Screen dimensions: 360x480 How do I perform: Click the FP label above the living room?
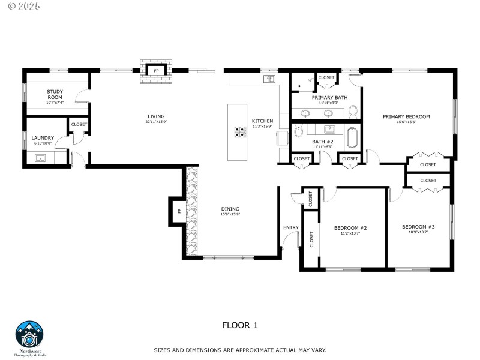[x=157, y=71]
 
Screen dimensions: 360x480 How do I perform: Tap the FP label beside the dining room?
[x=179, y=211]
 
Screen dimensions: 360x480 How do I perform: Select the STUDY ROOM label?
[x=55, y=94]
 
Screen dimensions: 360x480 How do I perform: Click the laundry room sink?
[x=41, y=158]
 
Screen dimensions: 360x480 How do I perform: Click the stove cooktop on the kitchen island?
[x=241, y=131]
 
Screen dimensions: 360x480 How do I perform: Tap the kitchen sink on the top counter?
[x=268, y=79]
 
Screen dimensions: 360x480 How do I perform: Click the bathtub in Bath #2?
[x=352, y=138]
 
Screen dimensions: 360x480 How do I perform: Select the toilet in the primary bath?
[x=353, y=111]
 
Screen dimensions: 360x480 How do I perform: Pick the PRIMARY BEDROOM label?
[x=406, y=116]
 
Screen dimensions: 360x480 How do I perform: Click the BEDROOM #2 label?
[x=350, y=228]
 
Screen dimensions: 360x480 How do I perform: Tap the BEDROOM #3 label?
[x=418, y=227]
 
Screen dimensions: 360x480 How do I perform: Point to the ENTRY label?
[x=290, y=227]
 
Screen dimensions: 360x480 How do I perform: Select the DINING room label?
[x=230, y=209]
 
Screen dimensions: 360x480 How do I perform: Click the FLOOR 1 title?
[x=239, y=325]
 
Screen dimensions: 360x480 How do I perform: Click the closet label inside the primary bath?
[x=326, y=77]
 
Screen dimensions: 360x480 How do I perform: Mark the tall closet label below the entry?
[x=311, y=239]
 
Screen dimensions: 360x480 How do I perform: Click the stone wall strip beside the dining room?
[x=191, y=210]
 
